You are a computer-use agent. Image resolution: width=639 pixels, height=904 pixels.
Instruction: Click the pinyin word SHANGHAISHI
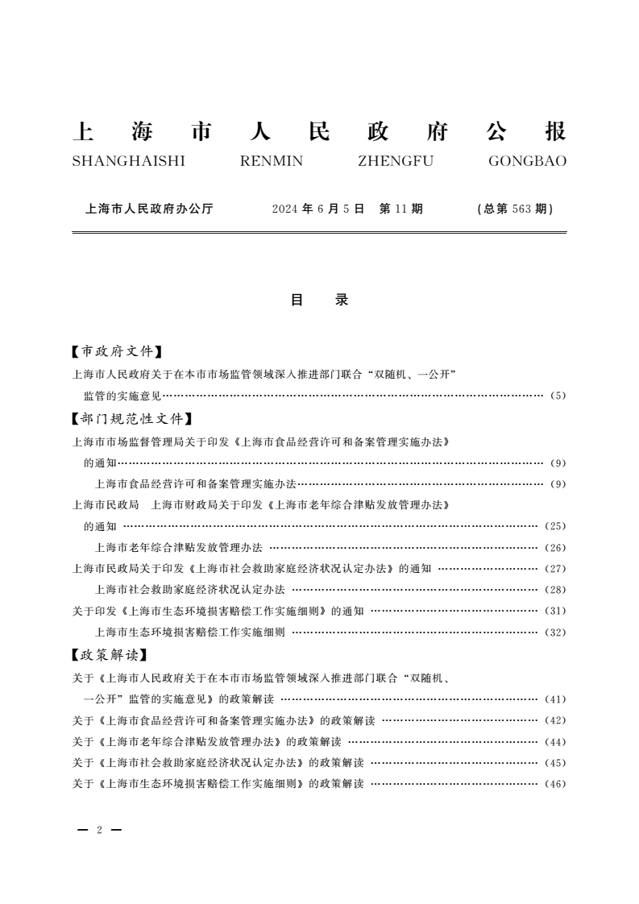click(x=128, y=161)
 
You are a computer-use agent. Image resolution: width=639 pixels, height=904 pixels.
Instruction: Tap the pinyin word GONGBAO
click(x=527, y=161)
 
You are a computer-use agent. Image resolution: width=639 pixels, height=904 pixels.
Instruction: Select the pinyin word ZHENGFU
click(x=395, y=161)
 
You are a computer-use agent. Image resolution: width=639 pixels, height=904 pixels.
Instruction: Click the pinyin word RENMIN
click(x=272, y=161)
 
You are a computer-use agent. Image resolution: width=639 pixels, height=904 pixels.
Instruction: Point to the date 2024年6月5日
click(x=318, y=209)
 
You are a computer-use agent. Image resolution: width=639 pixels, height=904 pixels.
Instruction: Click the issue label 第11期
click(x=400, y=209)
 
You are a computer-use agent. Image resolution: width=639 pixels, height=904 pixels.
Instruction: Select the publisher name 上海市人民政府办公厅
click(x=149, y=209)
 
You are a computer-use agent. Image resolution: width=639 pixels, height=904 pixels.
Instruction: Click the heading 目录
click(x=319, y=300)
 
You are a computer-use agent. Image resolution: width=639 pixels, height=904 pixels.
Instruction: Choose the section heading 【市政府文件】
click(x=118, y=351)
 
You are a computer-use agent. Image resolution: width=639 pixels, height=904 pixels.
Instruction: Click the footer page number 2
click(x=98, y=830)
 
